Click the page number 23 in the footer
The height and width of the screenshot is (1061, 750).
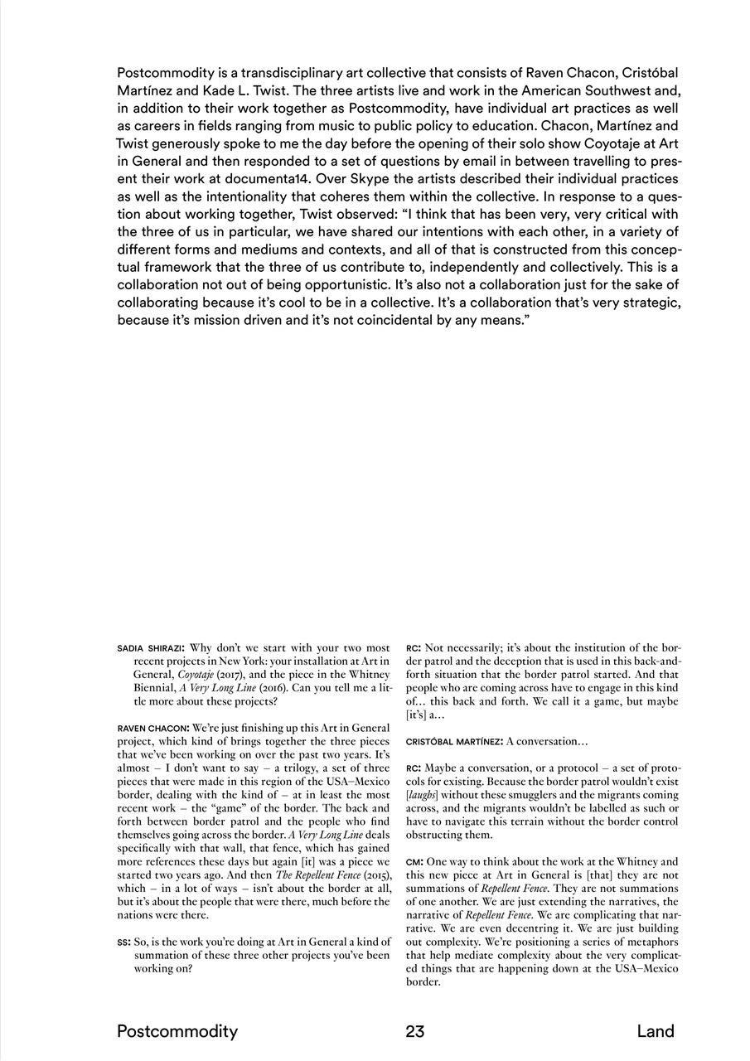tap(415, 1032)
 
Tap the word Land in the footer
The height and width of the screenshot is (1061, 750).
tap(656, 1032)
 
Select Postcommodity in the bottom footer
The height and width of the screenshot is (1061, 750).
tap(177, 1032)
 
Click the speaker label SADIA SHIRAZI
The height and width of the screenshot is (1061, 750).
tap(150, 648)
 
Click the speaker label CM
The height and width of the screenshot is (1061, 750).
tap(414, 862)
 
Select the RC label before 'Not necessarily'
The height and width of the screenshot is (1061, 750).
tap(414, 648)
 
